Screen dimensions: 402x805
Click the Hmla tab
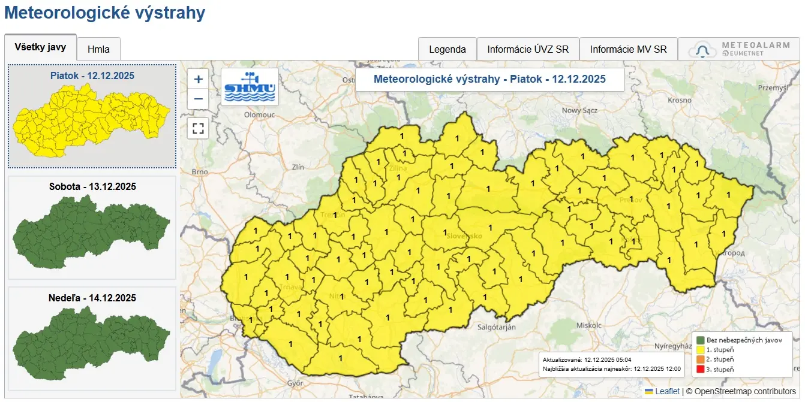tap(98, 49)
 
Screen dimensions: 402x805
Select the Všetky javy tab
tap(40, 47)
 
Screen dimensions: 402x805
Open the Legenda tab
tap(447, 49)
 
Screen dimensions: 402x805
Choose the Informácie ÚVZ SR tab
tap(528, 49)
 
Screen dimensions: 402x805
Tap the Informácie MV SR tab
tap(628, 49)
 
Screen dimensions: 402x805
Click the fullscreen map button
tap(199, 128)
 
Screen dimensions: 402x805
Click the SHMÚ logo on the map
tap(250, 87)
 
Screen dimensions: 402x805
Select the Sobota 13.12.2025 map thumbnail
tap(92, 228)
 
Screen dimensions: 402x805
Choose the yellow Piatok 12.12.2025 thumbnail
tap(92, 116)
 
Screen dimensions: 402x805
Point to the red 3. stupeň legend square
tap(699, 369)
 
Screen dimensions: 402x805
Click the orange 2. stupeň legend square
tap(699, 359)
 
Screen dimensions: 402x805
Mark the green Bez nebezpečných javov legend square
tap(699, 340)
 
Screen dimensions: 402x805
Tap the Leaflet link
tap(667, 391)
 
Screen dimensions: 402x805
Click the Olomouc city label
tap(259, 114)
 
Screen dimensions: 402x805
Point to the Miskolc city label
tap(588, 325)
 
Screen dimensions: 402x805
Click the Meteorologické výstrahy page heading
tap(104, 13)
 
